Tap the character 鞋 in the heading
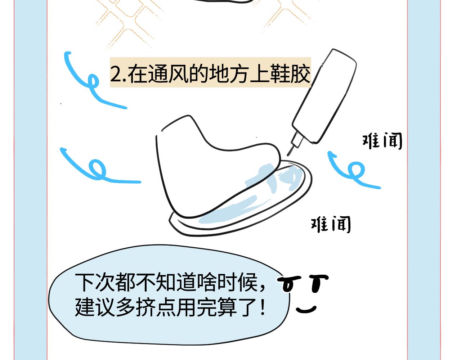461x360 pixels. click(280, 73)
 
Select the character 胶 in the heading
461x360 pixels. click(300, 73)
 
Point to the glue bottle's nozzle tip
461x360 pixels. click(288, 155)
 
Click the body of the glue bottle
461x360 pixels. click(324, 96)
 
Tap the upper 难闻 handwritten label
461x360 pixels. click(382, 141)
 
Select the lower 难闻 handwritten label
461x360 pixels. click(331, 224)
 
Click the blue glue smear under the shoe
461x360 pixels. click(250, 197)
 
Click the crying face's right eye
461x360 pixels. click(318, 283)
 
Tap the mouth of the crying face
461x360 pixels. click(306, 309)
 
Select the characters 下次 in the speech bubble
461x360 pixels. click(95, 282)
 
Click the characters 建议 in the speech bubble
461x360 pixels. click(95, 307)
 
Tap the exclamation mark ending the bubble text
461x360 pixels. click(263, 307)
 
